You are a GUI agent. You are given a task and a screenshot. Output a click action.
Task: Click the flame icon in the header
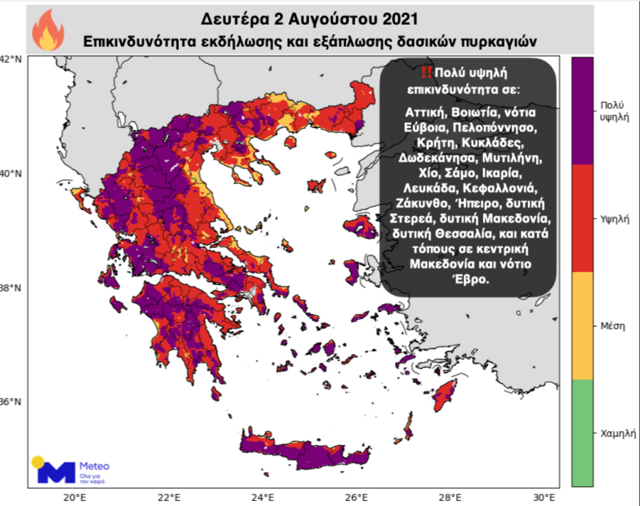pyautogui.click(x=48, y=30)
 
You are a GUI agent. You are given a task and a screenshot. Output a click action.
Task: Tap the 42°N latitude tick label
pyautogui.click(x=11, y=60)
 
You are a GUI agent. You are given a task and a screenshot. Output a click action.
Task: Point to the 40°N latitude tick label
pyautogui.click(x=11, y=174)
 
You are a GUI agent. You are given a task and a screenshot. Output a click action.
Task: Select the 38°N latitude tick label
pyautogui.click(x=11, y=289)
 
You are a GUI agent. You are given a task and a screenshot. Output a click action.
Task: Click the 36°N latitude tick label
pyautogui.click(x=11, y=403)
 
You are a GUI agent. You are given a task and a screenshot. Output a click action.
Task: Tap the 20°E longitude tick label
pyautogui.click(x=75, y=497)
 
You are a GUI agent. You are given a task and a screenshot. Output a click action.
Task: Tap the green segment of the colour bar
pyautogui.click(x=583, y=432)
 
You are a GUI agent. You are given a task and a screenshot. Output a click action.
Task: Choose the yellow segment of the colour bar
pyautogui.click(x=583, y=325)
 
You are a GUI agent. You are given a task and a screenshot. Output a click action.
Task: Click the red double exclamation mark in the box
pyautogui.click(x=426, y=72)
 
